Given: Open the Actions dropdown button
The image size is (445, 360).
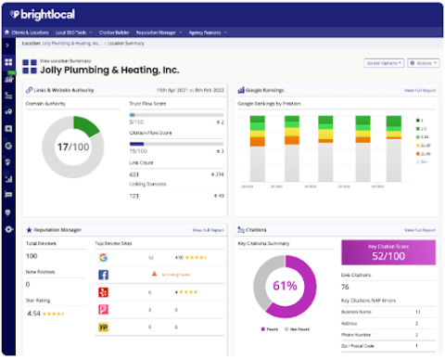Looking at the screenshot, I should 422,63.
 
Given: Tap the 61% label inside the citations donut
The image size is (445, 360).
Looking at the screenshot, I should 283,285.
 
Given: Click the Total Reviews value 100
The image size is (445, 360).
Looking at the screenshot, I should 32,255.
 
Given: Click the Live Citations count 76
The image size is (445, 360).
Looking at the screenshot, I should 345,287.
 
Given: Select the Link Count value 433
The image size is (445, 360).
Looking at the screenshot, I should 135,174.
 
